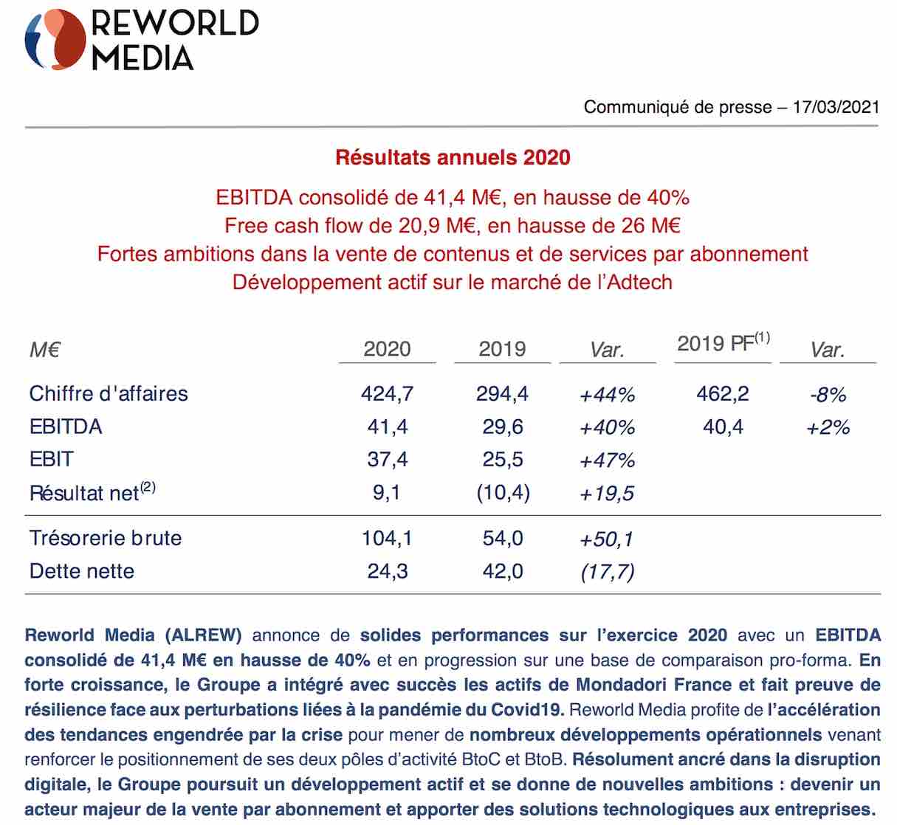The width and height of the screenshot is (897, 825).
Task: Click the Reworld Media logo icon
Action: click(x=55, y=39)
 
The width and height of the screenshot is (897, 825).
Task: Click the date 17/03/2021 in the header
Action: click(x=836, y=107)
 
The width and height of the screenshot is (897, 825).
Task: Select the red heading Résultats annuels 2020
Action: click(x=453, y=157)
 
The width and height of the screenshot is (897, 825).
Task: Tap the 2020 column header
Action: click(x=387, y=349)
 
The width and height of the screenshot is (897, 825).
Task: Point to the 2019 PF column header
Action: click(x=723, y=342)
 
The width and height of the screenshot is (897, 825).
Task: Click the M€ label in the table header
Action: click(x=45, y=350)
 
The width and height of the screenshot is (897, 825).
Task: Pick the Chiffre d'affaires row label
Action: click(x=109, y=394)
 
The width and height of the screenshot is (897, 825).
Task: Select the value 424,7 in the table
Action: click(x=388, y=394)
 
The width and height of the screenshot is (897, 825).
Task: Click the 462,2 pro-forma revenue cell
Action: click(x=723, y=394)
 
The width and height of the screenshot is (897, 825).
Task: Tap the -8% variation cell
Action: click(x=828, y=395)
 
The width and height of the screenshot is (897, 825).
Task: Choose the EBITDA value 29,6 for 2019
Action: click(x=503, y=427)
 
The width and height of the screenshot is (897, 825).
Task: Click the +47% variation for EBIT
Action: click(x=608, y=460)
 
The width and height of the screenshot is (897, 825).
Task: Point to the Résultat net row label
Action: click(x=92, y=492)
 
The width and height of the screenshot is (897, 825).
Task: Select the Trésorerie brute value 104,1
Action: click(x=387, y=539)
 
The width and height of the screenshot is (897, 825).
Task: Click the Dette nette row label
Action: click(x=82, y=571)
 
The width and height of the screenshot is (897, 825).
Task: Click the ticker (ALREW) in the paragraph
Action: click(x=204, y=635)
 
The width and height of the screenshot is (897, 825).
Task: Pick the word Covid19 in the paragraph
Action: click(x=528, y=710)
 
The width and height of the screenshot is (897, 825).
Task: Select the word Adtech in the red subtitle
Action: click(x=639, y=283)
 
